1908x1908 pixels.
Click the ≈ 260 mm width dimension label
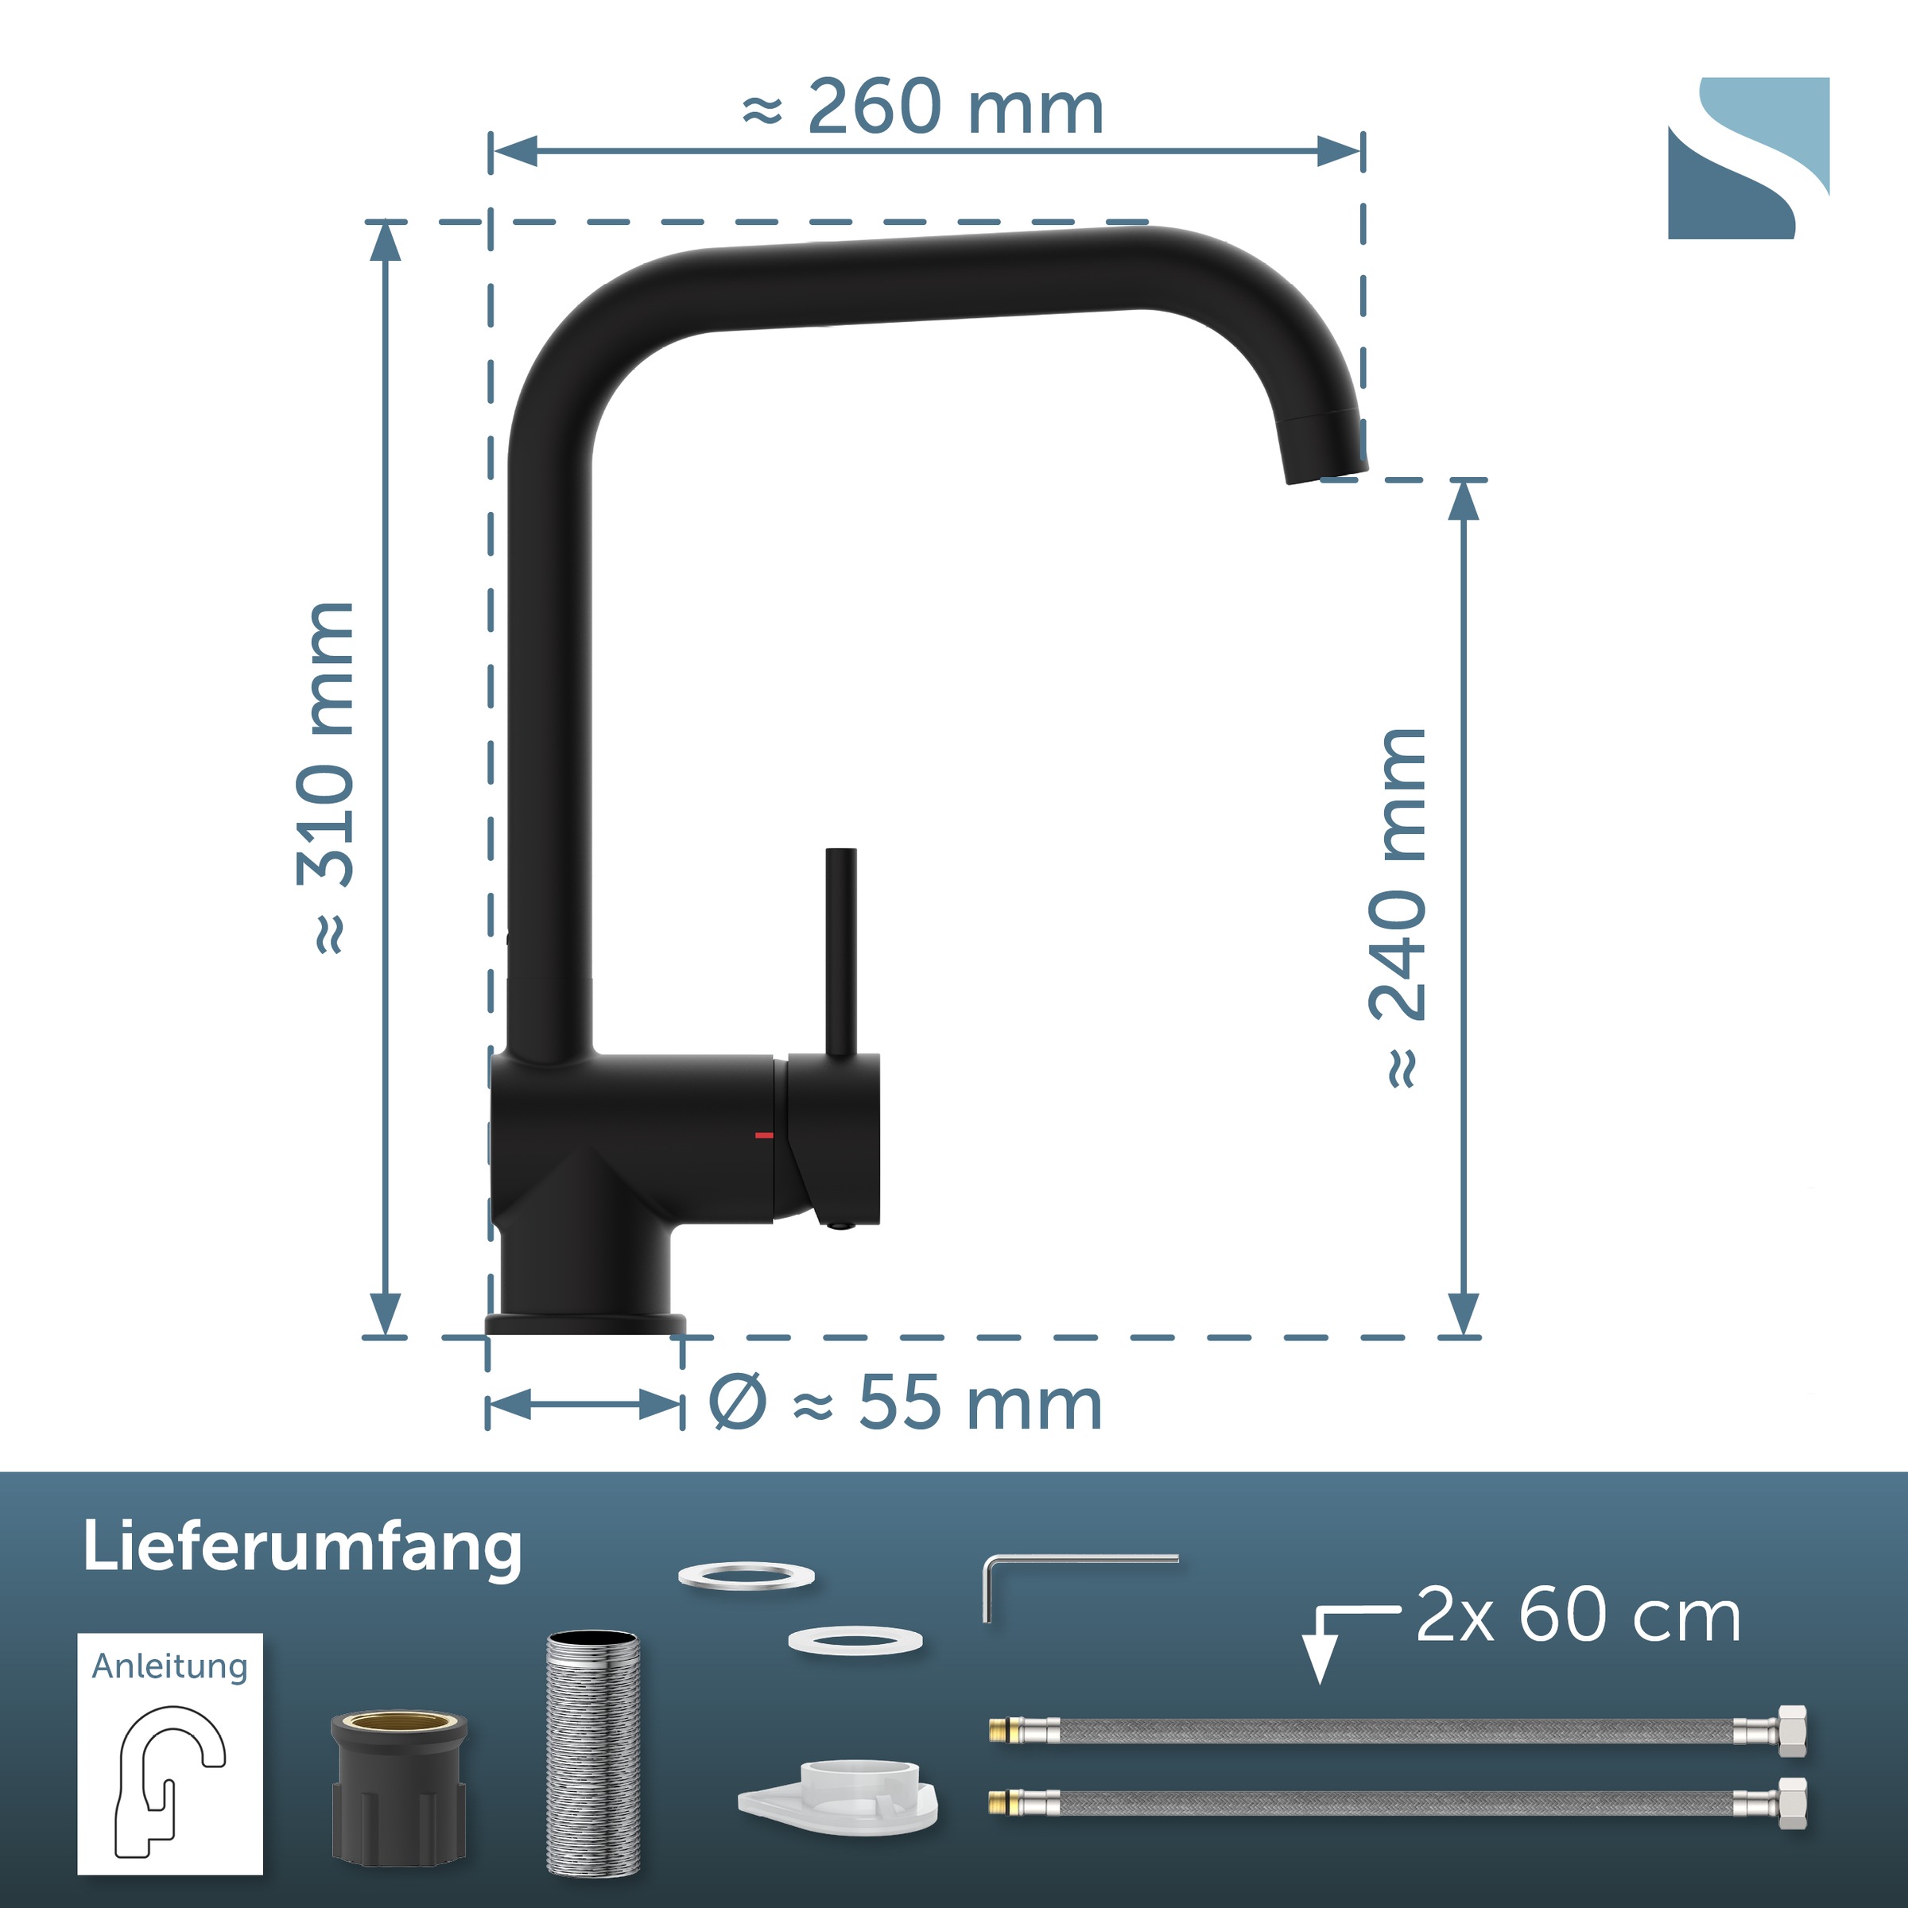point(922,107)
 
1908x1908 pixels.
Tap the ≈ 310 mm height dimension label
point(326,778)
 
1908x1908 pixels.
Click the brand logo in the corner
point(1748,158)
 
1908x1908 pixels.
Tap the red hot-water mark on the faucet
point(763,1134)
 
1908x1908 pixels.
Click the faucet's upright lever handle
point(840,953)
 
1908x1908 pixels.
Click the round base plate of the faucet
point(584,1324)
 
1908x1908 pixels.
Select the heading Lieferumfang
point(302,1548)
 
